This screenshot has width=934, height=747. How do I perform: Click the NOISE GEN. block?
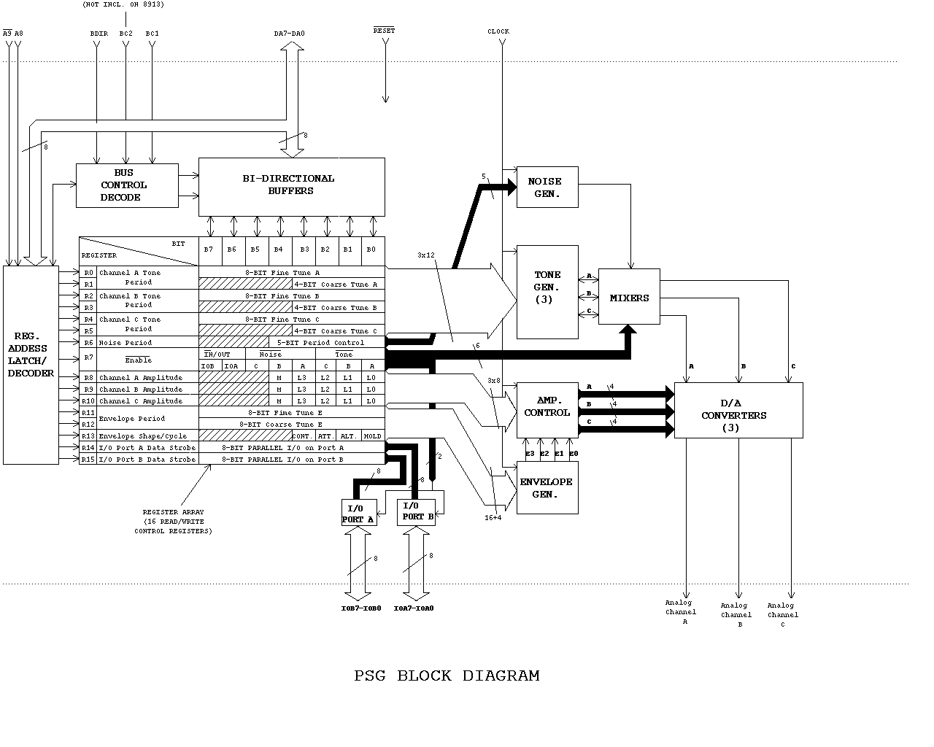pyautogui.click(x=547, y=187)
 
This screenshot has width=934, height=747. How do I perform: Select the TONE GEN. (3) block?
pyautogui.click(x=547, y=292)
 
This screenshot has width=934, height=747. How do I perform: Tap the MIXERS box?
pyautogui.click(x=629, y=297)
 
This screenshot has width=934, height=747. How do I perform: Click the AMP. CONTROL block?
pyautogui.click(x=547, y=407)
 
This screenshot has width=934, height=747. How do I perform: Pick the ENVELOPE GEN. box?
pyautogui.click(x=547, y=487)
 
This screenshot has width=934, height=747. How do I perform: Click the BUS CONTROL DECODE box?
pyautogui.click(x=127, y=185)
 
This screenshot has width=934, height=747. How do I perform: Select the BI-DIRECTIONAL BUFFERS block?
pyautogui.click(x=291, y=187)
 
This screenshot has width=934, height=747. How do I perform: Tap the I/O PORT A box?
pyautogui.click(x=358, y=514)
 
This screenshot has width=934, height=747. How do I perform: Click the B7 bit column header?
pyautogui.click(x=209, y=249)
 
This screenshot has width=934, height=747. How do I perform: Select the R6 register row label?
pyautogui.click(x=88, y=343)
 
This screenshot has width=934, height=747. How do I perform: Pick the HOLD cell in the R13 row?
pyautogui.click(x=372, y=436)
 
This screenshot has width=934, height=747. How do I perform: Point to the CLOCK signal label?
pyautogui.click(x=498, y=31)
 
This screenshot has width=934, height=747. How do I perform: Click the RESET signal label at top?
pyautogui.click(x=384, y=31)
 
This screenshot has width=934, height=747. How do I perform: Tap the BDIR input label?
pyautogui.click(x=99, y=34)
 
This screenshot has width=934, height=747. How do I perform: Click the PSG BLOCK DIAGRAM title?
pyautogui.click(x=447, y=676)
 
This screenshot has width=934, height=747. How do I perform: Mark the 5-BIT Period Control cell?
pyautogui.click(x=329, y=343)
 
